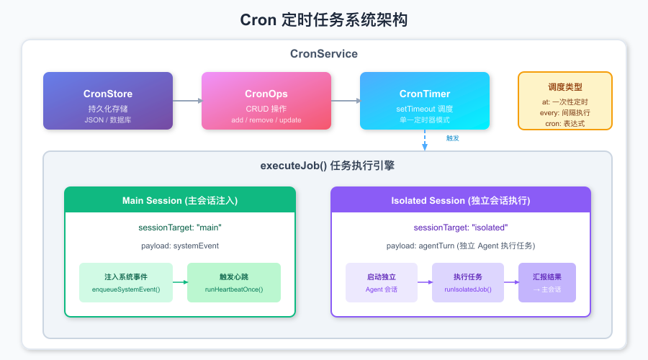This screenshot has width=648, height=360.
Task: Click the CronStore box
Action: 108,101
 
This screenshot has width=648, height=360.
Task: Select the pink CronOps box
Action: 266,101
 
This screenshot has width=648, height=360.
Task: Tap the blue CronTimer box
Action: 425,101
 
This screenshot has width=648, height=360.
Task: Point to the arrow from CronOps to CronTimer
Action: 346,101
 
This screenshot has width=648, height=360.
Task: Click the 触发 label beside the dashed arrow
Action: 453,138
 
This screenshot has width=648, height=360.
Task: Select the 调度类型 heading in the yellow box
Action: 565,86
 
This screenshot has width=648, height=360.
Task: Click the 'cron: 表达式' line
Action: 565,124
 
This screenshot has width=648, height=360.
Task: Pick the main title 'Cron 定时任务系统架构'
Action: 324,20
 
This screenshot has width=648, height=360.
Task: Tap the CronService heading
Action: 324,54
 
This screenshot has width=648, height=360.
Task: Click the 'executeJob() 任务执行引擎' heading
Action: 327,166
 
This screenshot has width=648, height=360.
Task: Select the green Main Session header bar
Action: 180,199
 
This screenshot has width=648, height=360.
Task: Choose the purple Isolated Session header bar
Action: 461,199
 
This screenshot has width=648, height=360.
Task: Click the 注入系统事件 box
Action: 126,282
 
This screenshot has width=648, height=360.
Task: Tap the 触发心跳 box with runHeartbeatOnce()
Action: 234,282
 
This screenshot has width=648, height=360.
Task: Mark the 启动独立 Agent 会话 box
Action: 382,282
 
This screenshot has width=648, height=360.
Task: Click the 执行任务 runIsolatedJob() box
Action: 468,282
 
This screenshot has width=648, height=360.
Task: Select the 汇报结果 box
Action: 547,282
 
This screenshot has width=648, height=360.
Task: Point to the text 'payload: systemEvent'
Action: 180,246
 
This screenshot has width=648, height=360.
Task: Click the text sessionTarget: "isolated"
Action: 461,228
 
